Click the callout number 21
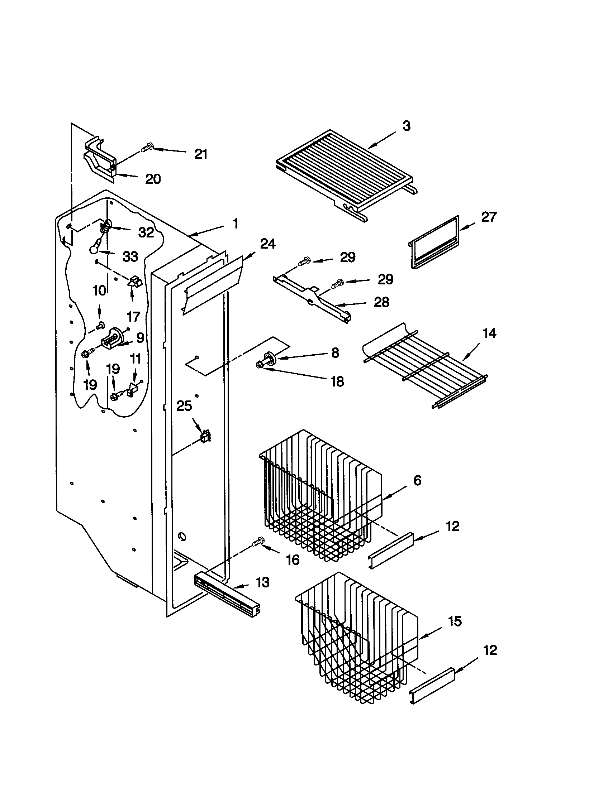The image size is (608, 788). pos(201,154)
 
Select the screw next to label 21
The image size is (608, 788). pos(147,148)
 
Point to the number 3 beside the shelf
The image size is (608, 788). pos(406,126)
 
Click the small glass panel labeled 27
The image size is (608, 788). pos(435,242)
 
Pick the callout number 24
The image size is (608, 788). pos(268,244)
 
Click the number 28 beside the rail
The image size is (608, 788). pos(381,302)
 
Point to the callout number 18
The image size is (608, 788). pos(337,381)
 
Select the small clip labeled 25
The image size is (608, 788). pos(205,437)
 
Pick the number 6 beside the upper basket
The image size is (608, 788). pos(417,480)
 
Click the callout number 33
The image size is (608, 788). pos(130,256)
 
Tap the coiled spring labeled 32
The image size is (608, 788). pos(105,227)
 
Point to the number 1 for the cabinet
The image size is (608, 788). pos(235,224)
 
